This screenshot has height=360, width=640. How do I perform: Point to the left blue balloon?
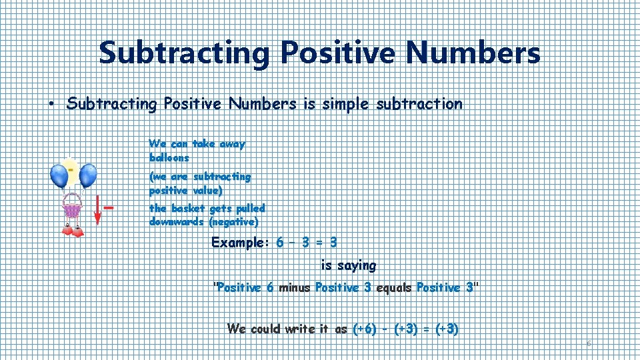pos(59,176)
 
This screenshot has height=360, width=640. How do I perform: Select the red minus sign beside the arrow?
pos(109,207)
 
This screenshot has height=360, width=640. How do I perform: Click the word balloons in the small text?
pos(169,158)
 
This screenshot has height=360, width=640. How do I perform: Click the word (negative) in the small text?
pos(233,222)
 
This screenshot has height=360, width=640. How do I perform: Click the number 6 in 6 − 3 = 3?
pos(280,243)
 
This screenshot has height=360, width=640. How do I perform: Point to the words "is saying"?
pos(348,265)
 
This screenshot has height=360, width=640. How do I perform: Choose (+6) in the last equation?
pos(365,329)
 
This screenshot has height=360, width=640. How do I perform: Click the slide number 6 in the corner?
pos(589,343)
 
